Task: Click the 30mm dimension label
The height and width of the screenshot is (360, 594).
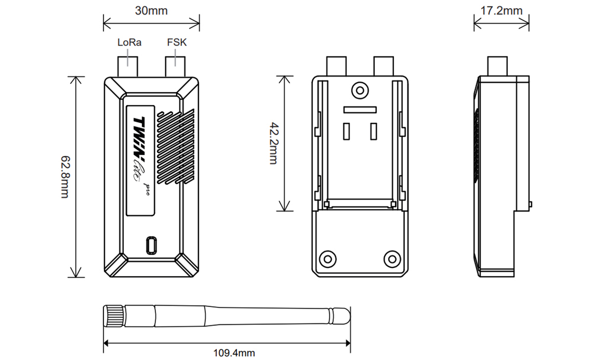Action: pos(151,10)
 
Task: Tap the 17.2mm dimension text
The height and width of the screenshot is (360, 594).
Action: pos(501,10)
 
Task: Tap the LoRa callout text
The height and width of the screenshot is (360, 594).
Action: pos(129,42)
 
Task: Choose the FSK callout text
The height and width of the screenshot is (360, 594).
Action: pos(177,42)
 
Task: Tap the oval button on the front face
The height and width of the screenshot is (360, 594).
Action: pos(151,245)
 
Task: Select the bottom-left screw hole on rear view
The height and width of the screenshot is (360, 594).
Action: pos(328,258)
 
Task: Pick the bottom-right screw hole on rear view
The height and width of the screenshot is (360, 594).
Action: pos(392,258)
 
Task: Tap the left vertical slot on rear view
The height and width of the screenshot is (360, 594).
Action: pos(346,132)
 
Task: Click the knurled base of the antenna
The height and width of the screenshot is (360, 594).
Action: pos(114,315)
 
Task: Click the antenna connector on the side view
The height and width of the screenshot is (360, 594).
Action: pos(498,66)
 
